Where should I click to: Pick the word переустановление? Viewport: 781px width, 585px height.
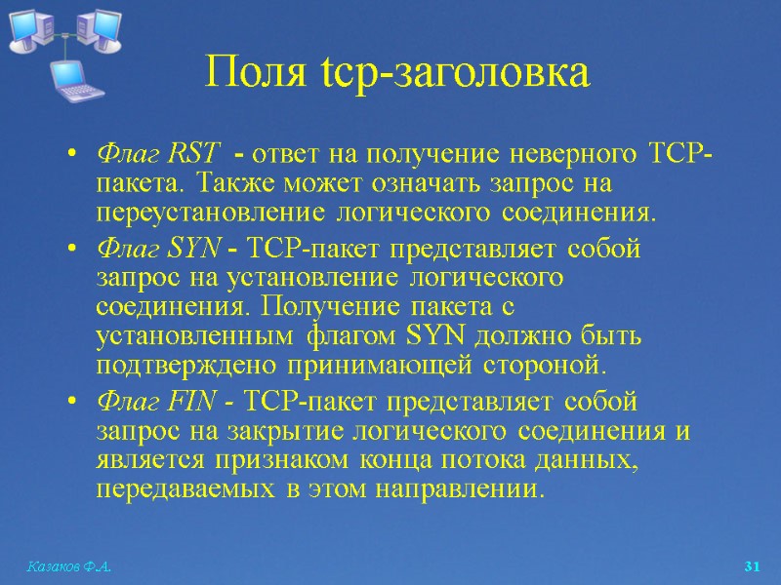(x=201, y=212)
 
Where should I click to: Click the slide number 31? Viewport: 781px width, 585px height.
(x=752, y=566)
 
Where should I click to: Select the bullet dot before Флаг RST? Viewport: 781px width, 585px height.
(x=73, y=155)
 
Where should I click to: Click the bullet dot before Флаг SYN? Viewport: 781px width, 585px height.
(x=73, y=251)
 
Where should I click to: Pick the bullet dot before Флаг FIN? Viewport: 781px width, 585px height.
(x=73, y=403)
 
